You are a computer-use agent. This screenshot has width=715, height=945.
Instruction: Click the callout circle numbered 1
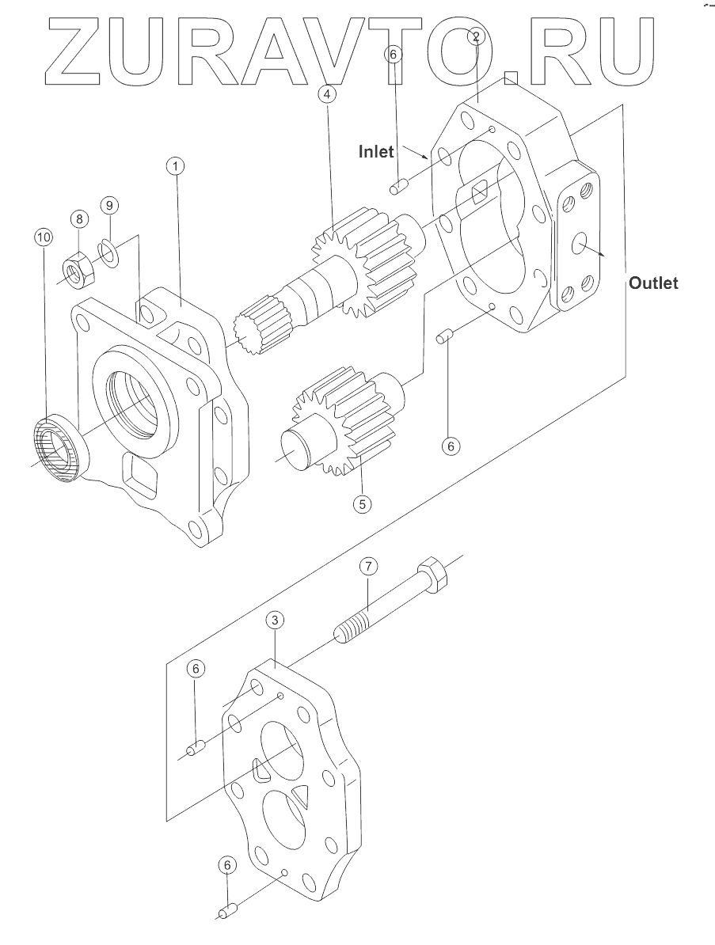click(x=176, y=165)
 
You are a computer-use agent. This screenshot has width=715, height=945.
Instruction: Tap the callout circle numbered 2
click(x=476, y=36)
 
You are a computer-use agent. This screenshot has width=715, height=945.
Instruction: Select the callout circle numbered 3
click(x=275, y=620)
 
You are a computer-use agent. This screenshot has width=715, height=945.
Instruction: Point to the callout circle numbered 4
click(x=327, y=94)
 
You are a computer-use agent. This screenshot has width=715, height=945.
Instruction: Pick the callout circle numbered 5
click(x=362, y=504)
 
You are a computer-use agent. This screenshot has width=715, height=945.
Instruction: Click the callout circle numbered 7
click(x=369, y=566)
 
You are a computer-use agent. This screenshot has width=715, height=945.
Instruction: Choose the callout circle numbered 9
click(x=109, y=206)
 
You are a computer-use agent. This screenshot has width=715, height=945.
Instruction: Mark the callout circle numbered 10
click(x=44, y=237)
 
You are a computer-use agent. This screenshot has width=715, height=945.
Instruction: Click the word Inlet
click(x=376, y=151)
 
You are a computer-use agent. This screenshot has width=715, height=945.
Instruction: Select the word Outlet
click(x=653, y=283)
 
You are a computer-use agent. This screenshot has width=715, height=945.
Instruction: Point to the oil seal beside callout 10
click(x=58, y=446)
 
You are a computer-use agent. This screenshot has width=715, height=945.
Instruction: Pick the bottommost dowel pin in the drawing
click(x=226, y=913)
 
